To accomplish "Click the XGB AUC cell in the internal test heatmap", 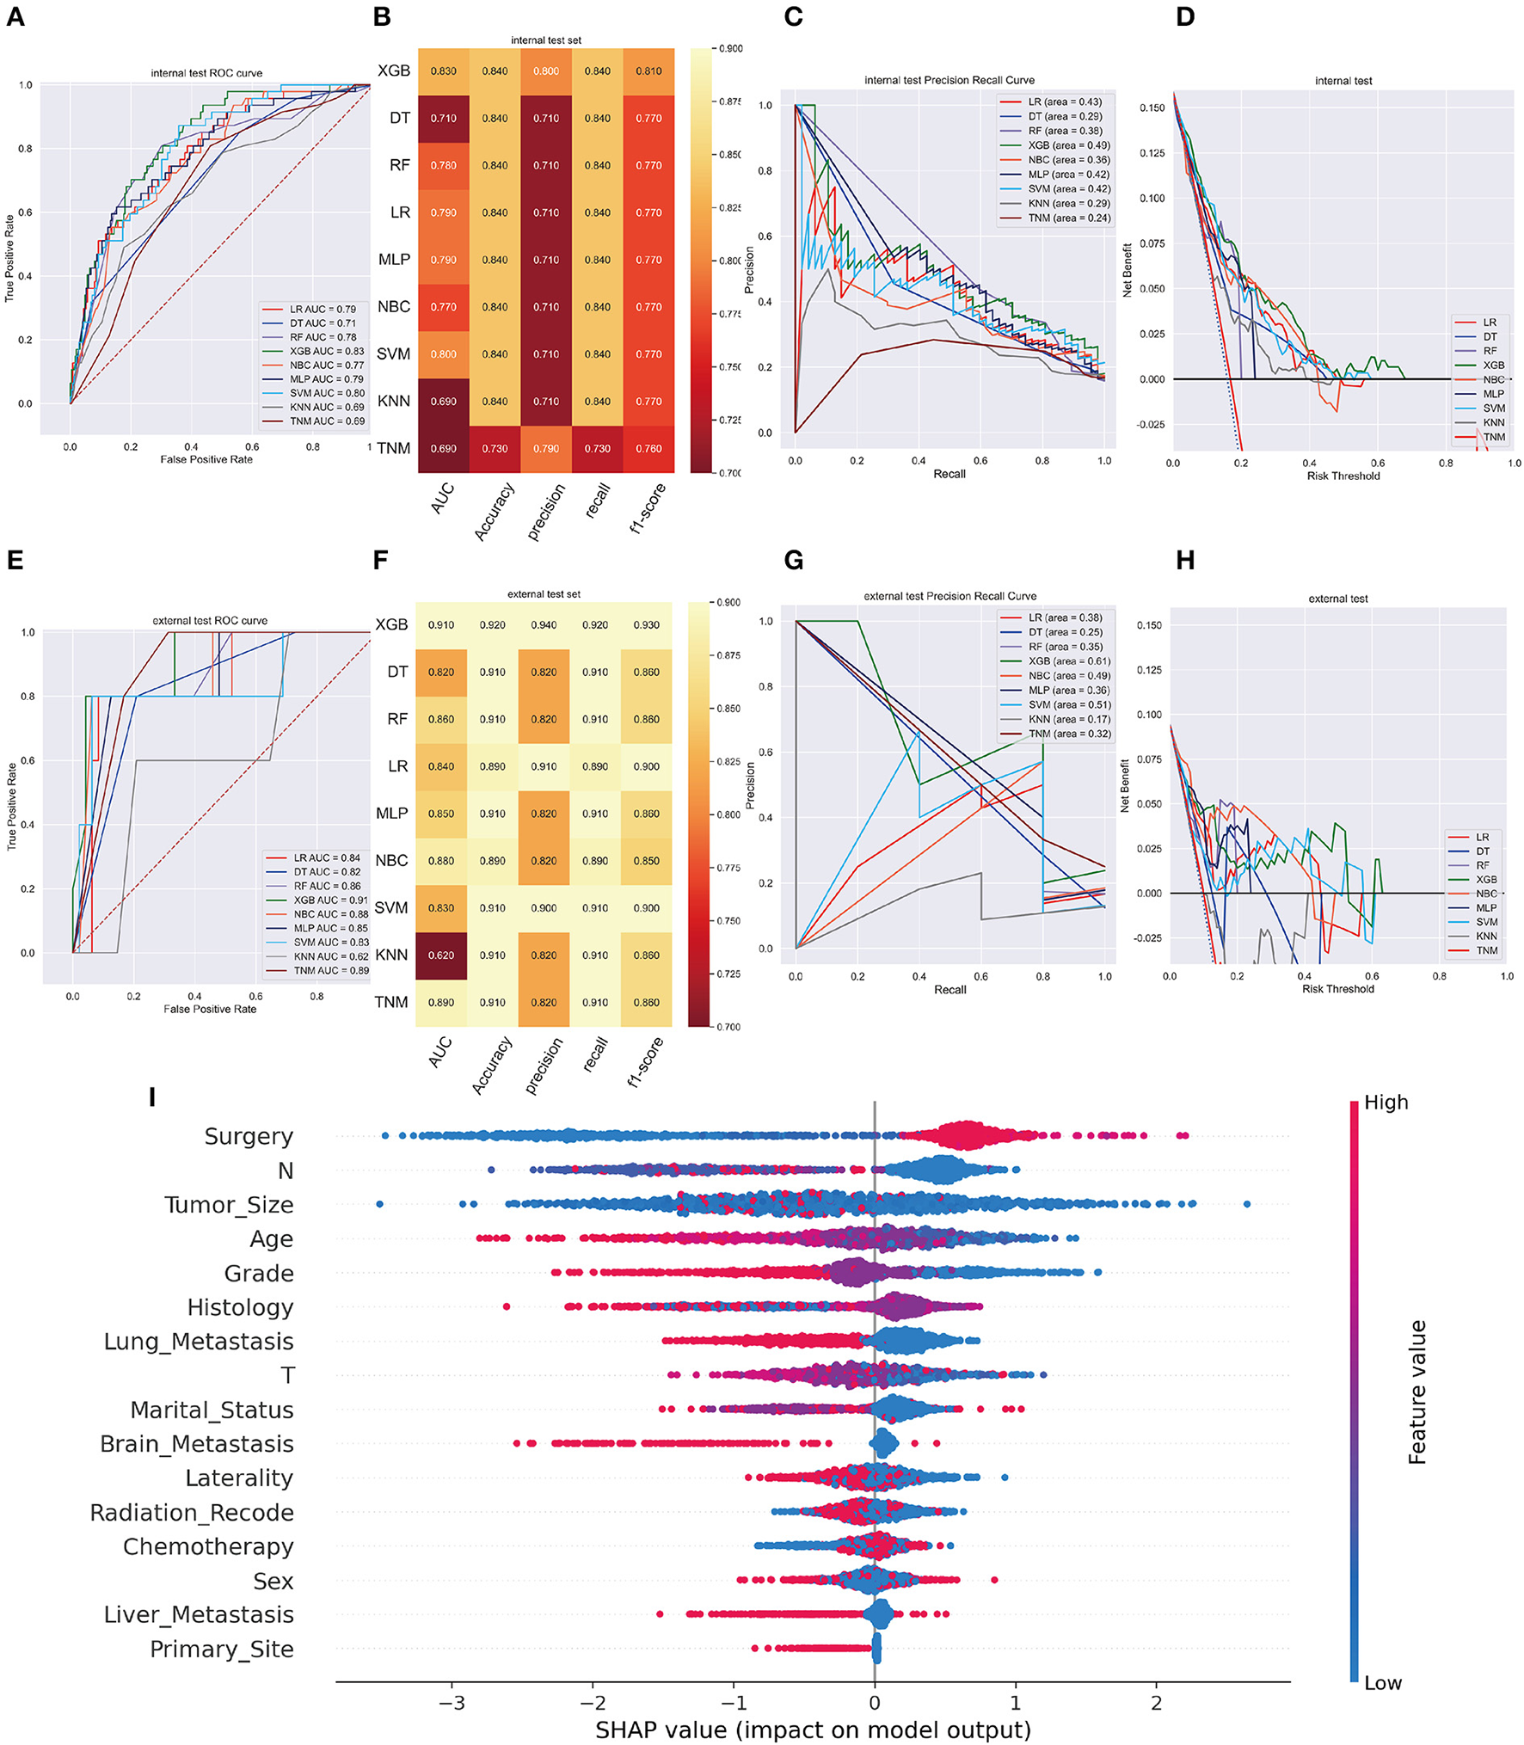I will [x=443, y=71].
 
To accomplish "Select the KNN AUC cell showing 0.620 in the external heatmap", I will [x=441, y=955].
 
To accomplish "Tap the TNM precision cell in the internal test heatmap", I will [x=546, y=448].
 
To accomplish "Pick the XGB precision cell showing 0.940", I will [x=544, y=625].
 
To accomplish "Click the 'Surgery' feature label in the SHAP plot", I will [x=249, y=1136].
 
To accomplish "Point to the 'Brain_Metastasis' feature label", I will [x=197, y=1444].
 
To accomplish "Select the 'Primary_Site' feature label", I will [x=222, y=1649].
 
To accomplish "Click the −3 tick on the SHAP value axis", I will [x=452, y=1702].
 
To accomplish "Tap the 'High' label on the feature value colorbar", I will [x=1386, y=1103].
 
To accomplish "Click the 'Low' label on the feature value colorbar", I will [x=1382, y=1683].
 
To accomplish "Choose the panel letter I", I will [x=152, y=1097].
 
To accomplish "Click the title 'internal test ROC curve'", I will [x=206, y=73].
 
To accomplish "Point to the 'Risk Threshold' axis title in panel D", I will [x=1343, y=476].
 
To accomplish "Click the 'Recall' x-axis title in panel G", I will [x=949, y=990].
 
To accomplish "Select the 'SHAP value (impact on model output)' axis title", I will [x=813, y=1730].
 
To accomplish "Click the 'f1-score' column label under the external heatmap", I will [x=646, y=1063].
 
